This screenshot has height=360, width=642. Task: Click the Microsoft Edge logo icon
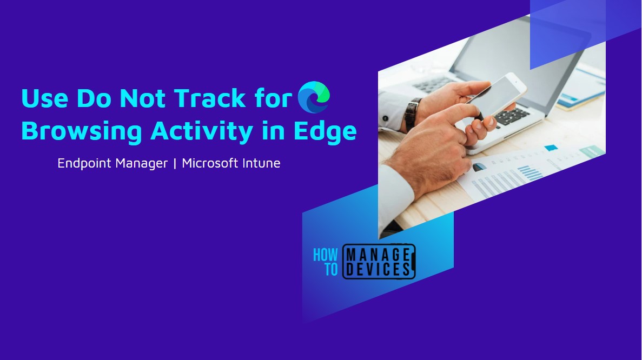314,97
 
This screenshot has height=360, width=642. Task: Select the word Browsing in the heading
82,131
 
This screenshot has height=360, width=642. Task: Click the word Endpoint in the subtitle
84,163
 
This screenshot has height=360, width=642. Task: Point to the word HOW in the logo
326,254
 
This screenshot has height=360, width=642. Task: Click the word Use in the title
45,99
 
